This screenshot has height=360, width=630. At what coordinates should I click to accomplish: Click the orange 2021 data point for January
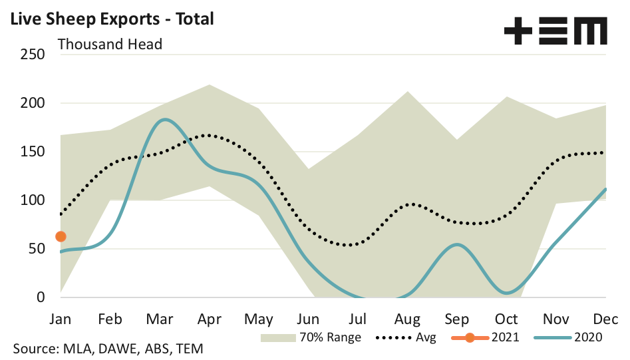click(x=61, y=236)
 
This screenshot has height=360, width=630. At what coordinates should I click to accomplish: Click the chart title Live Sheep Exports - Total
click(x=112, y=19)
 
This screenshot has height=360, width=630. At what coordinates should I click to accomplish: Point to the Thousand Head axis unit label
click(x=110, y=45)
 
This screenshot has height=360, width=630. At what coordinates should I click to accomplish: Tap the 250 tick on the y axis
click(x=32, y=54)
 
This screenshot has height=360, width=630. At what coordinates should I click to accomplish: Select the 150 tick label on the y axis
click(x=32, y=152)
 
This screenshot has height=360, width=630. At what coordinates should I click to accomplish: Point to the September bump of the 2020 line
click(x=458, y=244)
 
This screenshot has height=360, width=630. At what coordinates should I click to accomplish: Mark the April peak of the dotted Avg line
click(x=209, y=135)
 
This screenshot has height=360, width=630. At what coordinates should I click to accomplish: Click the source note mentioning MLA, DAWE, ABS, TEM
click(x=108, y=349)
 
